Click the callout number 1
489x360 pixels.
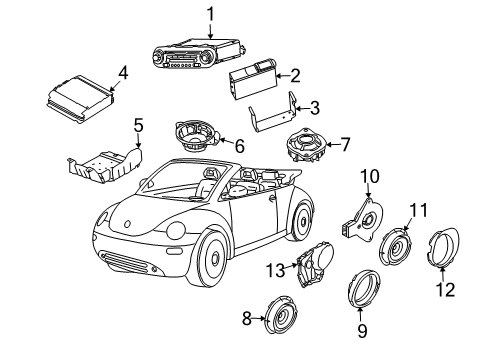[210, 15]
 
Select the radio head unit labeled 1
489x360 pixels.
[199, 53]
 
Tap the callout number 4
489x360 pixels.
[123, 73]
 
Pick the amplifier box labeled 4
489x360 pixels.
[80, 99]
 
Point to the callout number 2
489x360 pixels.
[295, 76]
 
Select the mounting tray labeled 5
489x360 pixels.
[105, 165]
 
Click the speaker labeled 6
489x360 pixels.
[196, 136]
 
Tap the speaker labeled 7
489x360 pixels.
[305, 145]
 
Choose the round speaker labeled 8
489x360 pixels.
[282, 315]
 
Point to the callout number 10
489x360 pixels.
[369, 176]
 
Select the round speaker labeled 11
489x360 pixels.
[396, 247]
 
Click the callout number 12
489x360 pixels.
[445, 289]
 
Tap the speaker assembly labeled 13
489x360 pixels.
[314, 264]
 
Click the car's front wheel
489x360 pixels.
[209, 257]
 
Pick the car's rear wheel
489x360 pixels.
[301, 220]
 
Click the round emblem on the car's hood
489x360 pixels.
[127, 224]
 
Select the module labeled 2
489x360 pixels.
[253, 78]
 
